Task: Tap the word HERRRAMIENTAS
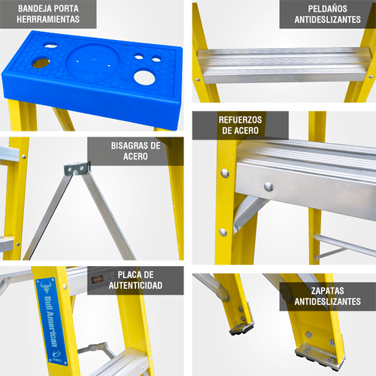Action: coord(48,19)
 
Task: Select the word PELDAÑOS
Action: coord(327,9)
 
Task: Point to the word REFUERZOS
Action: coord(240,120)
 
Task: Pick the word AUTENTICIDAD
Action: coord(135,285)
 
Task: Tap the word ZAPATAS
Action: coord(328,291)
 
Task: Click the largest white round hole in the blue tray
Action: coord(144,78)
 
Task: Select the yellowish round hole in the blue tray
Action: coord(41,62)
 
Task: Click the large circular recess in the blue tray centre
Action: coord(93,63)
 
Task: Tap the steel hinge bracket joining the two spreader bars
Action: coord(77,168)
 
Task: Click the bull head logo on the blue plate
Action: coord(46,287)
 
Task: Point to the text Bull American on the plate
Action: coord(51,321)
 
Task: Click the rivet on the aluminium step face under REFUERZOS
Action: coord(268,186)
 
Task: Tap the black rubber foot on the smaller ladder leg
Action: coord(241,328)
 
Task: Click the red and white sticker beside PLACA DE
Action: coord(97,279)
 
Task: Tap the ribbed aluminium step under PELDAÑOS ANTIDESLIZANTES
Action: coord(284,65)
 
